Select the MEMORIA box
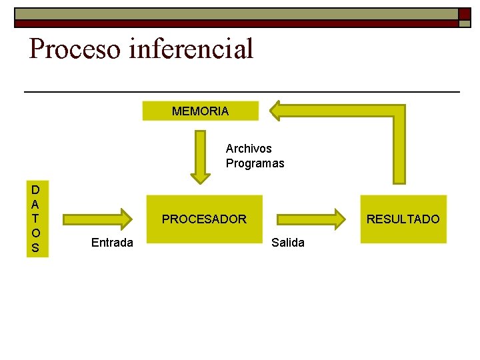(200, 111)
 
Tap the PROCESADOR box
(204, 219)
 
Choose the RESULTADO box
(403, 219)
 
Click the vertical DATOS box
(35, 219)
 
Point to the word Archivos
(249, 149)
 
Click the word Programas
(255, 163)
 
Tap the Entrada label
(112, 243)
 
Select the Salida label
(288, 243)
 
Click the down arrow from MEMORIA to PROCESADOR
(200, 157)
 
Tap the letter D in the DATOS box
(35, 190)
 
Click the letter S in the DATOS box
(35, 248)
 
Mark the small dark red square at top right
(464, 14)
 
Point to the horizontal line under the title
(241, 91)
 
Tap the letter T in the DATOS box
(35, 219)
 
